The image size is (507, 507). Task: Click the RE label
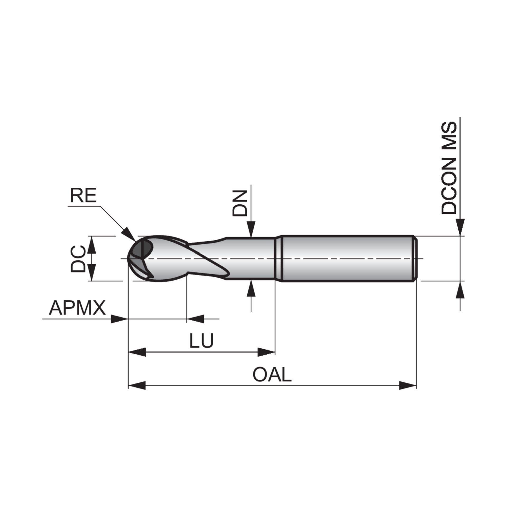(x=83, y=196)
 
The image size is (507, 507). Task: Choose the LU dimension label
(x=201, y=341)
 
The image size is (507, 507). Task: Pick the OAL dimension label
(x=272, y=375)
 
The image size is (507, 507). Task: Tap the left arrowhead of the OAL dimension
(x=137, y=386)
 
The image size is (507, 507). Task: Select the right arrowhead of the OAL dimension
(x=407, y=386)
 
